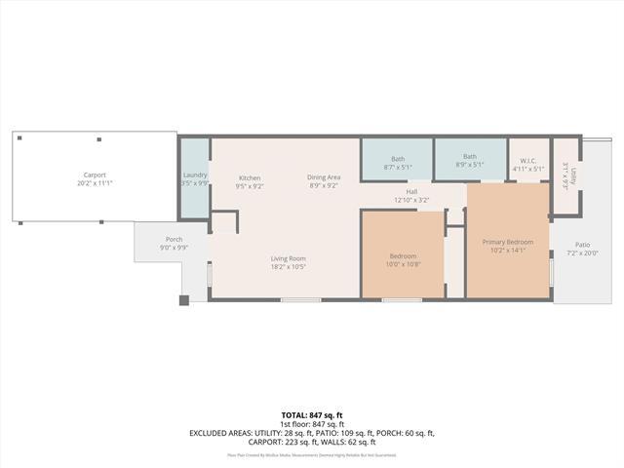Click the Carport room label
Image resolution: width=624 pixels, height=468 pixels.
pyautogui.click(x=94, y=175)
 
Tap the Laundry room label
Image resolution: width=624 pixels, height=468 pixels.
pyautogui.click(x=195, y=175)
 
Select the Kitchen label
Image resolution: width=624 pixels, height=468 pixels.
pyautogui.click(x=250, y=177)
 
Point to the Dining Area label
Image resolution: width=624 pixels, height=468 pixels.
pyautogui.click(x=324, y=176)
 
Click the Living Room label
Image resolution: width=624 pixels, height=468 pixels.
pyautogui.click(x=289, y=258)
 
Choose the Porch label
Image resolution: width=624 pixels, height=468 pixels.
pyautogui.click(x=174, y=239)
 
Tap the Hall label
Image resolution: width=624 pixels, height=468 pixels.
pyautogui.click(x=411, y=191)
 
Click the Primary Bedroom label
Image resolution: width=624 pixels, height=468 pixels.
pyautogui.click(x=508, y=242)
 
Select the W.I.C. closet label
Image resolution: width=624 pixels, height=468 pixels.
pyautogui.click(x=528, y=160)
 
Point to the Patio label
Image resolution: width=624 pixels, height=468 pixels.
pyautogui.click(x=582, y=245)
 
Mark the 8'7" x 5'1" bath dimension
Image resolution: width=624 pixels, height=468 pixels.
pyautogui.click(x=398, y=166)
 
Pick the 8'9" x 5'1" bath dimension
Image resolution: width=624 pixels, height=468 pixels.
pyautogui.click(x=470, y=165)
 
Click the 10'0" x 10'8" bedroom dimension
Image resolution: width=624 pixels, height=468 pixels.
pyautogui.click(x=402, y=264)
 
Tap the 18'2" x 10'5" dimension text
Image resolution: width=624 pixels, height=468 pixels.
pyautogui.click(x=289, y=266)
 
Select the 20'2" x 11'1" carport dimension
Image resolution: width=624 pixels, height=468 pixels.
pyautogui.click(x=94, y=183)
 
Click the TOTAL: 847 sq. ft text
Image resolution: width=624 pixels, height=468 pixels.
pyautogui.click(x=312, y=415)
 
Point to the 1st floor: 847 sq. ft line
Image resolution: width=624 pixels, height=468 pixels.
pyautogui.click(x=312, y=424)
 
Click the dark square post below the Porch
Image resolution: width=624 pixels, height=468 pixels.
pyautogui.click(x=183, y=300)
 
